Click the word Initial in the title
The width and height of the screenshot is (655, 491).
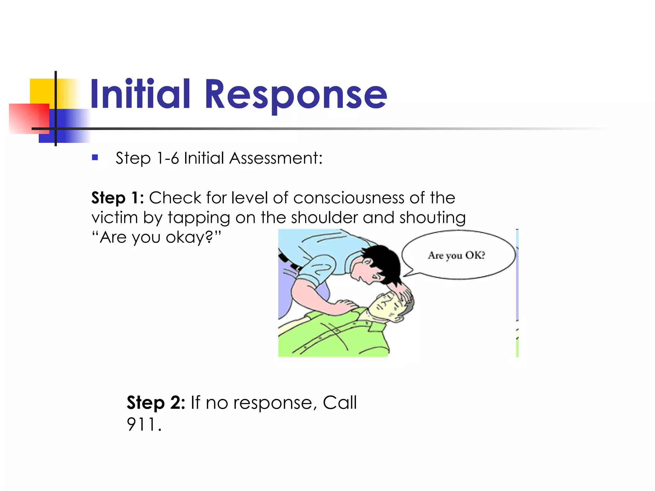(x=140, y=94)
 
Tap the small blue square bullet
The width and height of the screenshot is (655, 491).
(x=95, y=157)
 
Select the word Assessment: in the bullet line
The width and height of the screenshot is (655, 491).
(x=276, y=158)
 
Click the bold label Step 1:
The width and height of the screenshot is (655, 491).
(x=117, y=198)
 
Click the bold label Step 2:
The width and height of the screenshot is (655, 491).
(x=156, y=402)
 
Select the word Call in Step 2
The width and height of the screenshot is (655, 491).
(x=339, y=402)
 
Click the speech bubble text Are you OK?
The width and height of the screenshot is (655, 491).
(x=456, y=255)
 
